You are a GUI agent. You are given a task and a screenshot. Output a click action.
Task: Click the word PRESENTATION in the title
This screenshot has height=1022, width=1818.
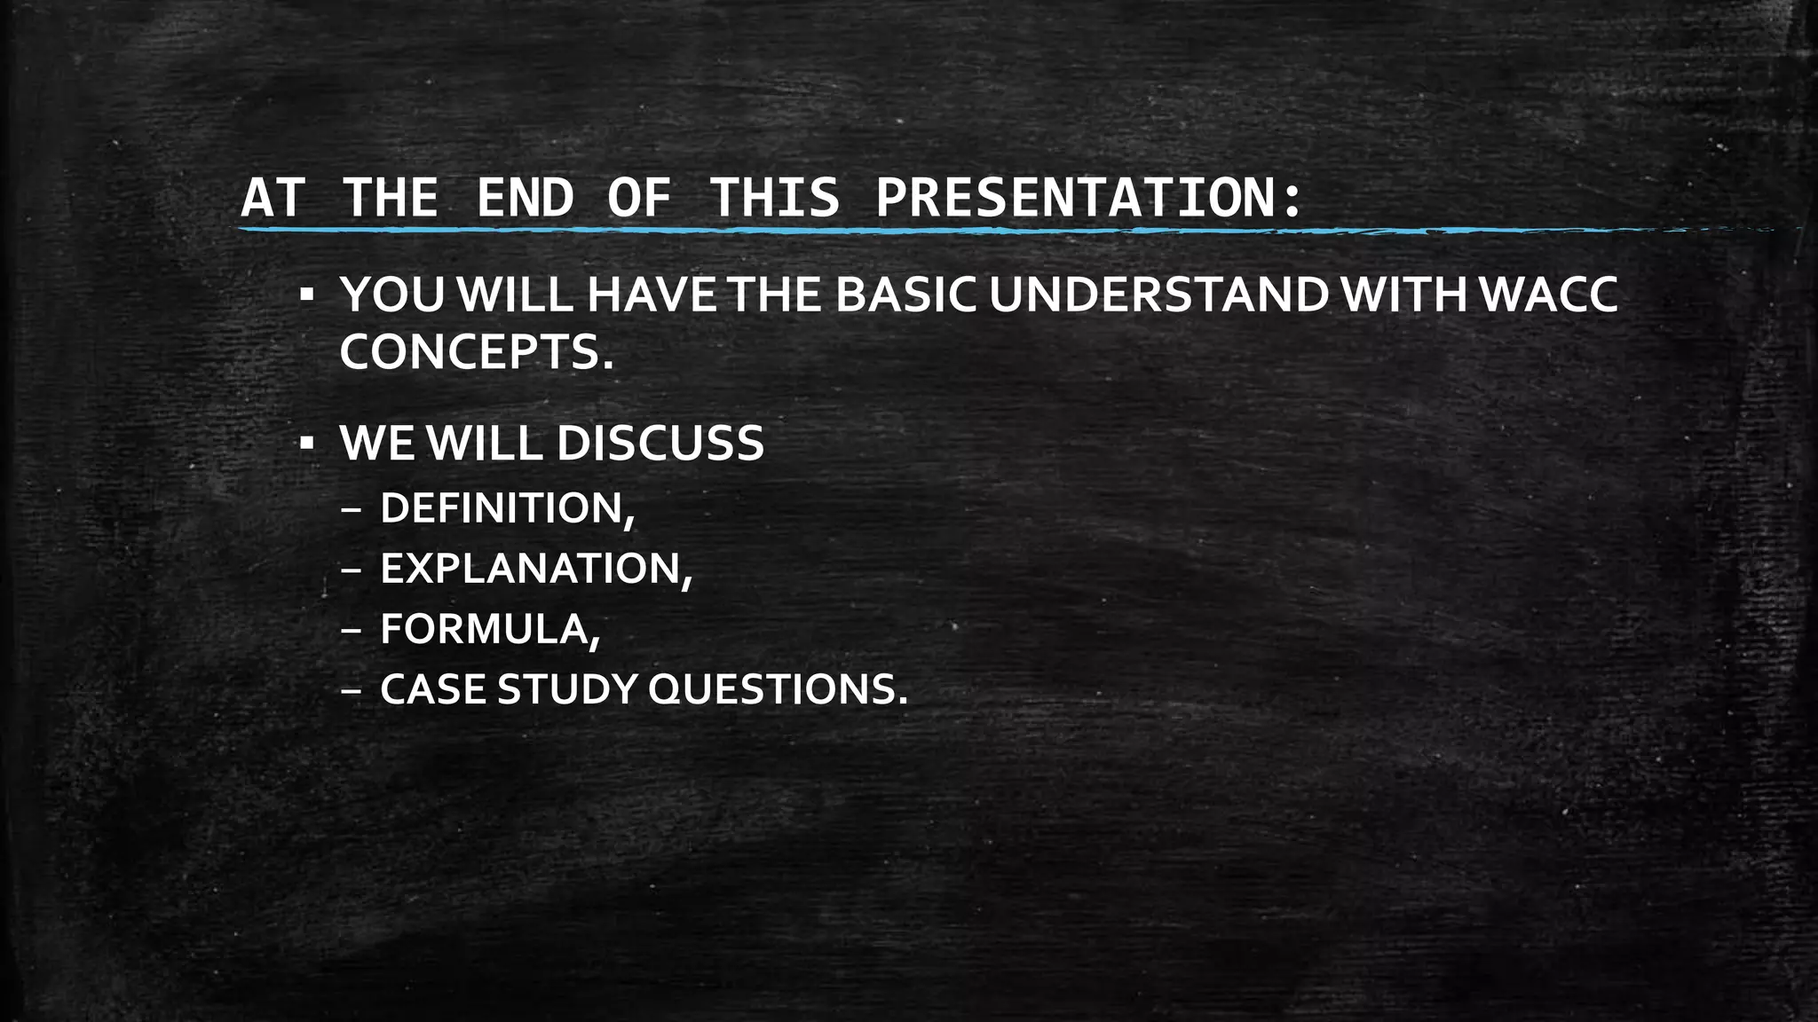tap(1075, 198)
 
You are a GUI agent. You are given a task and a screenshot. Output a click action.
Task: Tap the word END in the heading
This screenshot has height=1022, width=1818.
tap(525, 198)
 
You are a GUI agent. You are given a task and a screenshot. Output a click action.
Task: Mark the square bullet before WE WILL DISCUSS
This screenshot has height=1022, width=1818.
tap(305, 441)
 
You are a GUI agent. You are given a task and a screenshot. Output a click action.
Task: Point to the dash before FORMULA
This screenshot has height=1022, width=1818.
tap(351, 631)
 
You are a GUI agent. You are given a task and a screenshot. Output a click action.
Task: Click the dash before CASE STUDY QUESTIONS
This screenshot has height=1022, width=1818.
tap(351, 691)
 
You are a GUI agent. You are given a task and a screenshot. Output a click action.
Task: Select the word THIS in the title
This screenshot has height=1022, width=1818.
tap(775, 198)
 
